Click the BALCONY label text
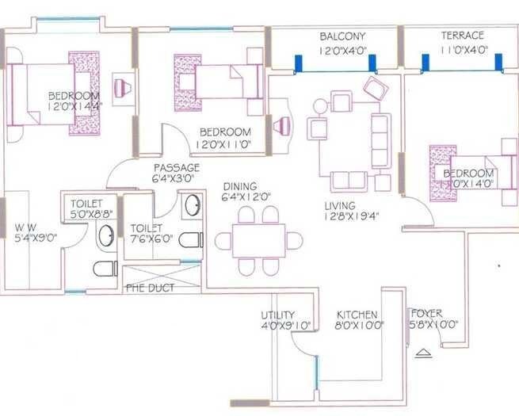[342, 36]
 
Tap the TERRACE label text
[463, 36]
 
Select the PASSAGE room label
[176, 168]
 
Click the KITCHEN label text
[357, 315]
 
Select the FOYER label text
[426, 313]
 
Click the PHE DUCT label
[151, 288]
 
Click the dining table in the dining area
[258, 240]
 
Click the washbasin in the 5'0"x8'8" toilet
[105, 235]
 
